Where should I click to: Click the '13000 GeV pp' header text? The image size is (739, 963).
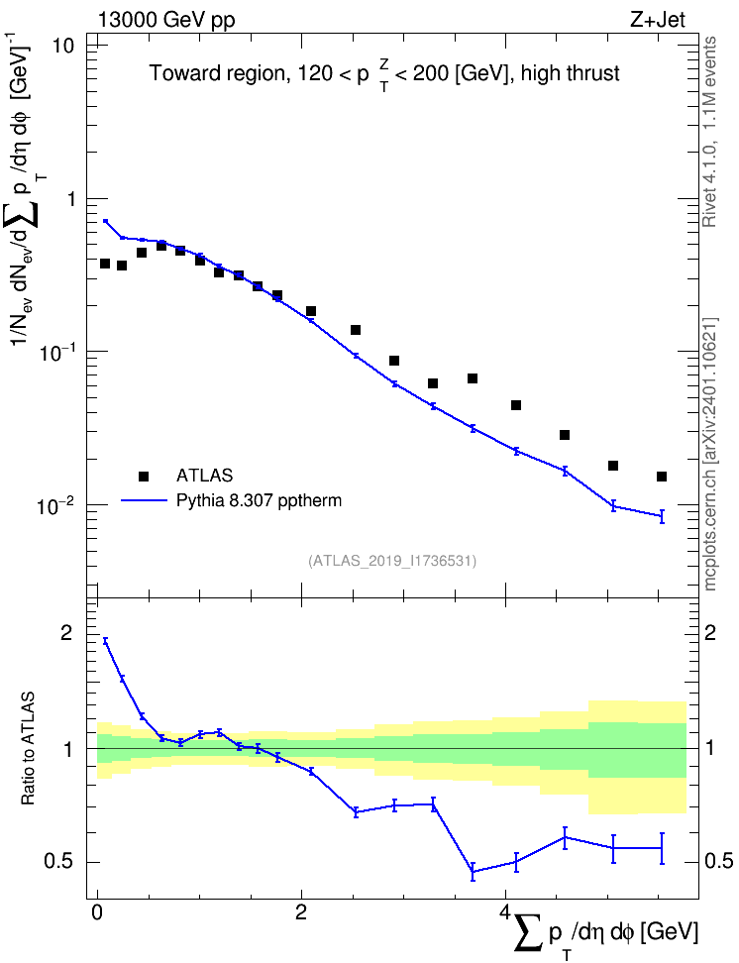click(x=165, y=20)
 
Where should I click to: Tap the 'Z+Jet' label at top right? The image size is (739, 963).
click(x=658, y=20)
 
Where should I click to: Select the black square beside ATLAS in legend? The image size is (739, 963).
click(x=144, y=476)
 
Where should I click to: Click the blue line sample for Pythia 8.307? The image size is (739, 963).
click(x=145, y=501)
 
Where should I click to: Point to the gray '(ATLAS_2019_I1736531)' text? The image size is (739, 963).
click(x=392, y=561)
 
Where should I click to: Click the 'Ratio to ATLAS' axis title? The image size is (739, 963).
click(x=28, y=749)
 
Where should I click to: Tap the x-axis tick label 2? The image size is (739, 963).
click(x=301, y=911)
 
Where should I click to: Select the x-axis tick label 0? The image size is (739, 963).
click(x=97, y=911)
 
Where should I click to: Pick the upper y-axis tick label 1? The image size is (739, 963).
click(x=68, y=199)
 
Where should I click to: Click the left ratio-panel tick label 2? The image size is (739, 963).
click(x=66, y=633)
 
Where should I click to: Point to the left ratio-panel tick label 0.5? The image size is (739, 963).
click(x=59, y=862)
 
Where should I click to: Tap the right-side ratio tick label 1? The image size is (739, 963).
click(x=710, y=749)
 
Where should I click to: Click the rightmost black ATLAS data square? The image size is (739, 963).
click(x=662, y=477)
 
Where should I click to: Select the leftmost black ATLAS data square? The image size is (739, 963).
click(x=105, y=264)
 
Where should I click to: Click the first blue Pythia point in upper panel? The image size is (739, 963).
click(x=106, y=221)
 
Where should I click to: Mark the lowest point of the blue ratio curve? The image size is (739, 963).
click(x=473, y=872)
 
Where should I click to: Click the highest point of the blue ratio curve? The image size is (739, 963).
click(x=106, y=641)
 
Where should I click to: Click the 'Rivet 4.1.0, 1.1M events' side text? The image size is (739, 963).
click(x=710, y=132)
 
